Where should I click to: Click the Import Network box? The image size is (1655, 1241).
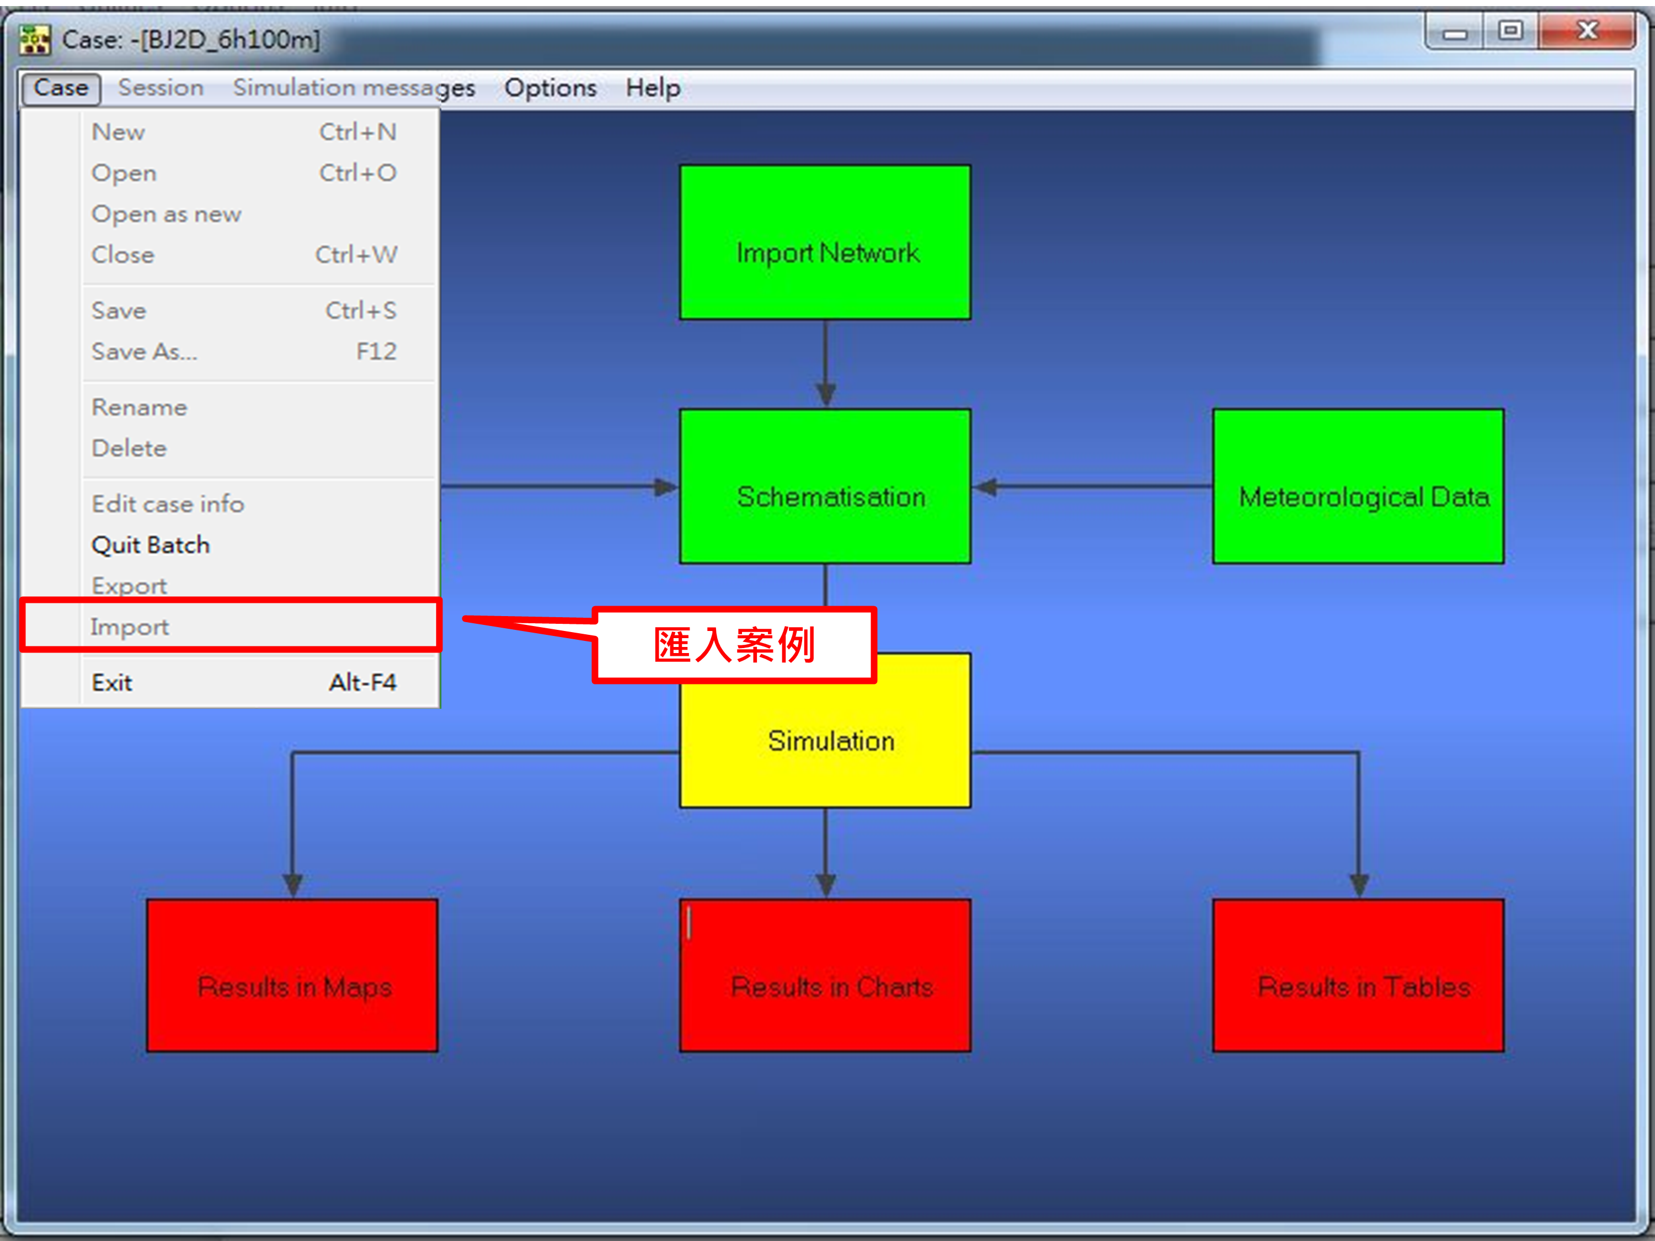click(825, 242)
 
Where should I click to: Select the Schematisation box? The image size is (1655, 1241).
click(825, 486)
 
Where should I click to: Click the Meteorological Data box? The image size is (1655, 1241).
click(1358, 486)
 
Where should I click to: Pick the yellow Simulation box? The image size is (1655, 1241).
click(825, 741)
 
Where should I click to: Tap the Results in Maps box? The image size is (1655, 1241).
click(292, 976)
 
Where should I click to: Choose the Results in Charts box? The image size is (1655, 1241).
click(825, 976)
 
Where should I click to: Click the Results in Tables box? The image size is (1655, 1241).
click(1358, 976)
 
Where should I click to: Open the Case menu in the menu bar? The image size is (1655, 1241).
click(61, 88)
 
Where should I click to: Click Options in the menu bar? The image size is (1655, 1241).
click(551, 88)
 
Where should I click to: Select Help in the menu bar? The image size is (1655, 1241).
click(653, 88)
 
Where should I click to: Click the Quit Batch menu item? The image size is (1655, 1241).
click(151, 544)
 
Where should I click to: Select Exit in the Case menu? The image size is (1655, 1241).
click(112, 682)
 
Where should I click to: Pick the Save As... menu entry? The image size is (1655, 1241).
click(145, 351)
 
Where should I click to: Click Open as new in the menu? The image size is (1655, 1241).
click(166, 214)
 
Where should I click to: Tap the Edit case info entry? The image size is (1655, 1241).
click(168, 504)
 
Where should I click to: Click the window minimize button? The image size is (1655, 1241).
click(1455, 32)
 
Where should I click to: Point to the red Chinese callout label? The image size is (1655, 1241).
click(734, 644)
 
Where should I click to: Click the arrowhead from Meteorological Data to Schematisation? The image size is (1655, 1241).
click(986, 487)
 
